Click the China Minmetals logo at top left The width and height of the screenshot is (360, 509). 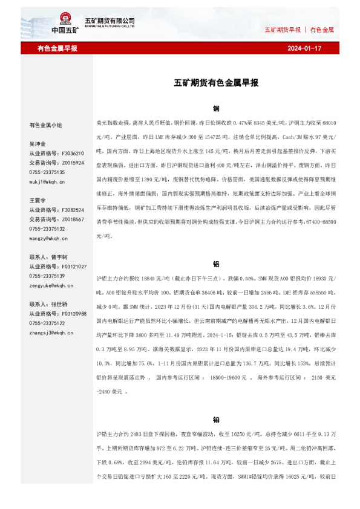click(65, 23)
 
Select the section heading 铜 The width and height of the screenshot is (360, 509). click(216, 109)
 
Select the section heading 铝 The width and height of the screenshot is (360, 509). click(216, 264)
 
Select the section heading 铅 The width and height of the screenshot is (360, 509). click(216, 420)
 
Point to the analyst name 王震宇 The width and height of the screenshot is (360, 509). click(38, 199)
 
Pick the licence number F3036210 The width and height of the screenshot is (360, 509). click(74, 154)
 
